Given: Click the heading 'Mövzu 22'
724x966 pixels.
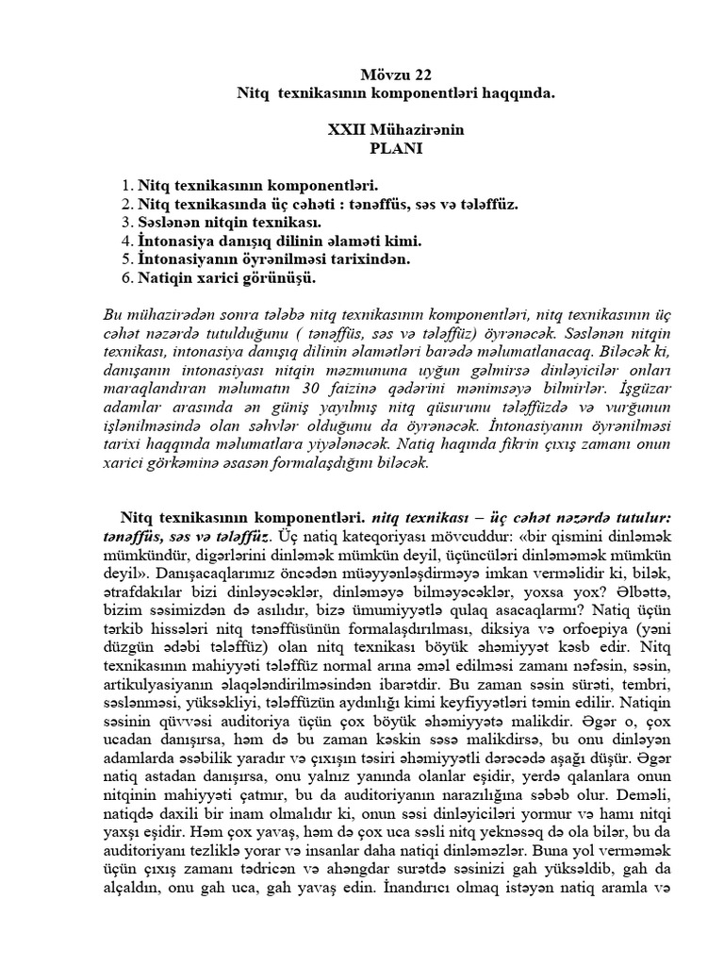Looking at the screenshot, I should point(397,75).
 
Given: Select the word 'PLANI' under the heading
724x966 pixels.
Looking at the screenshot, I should point(397,147).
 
